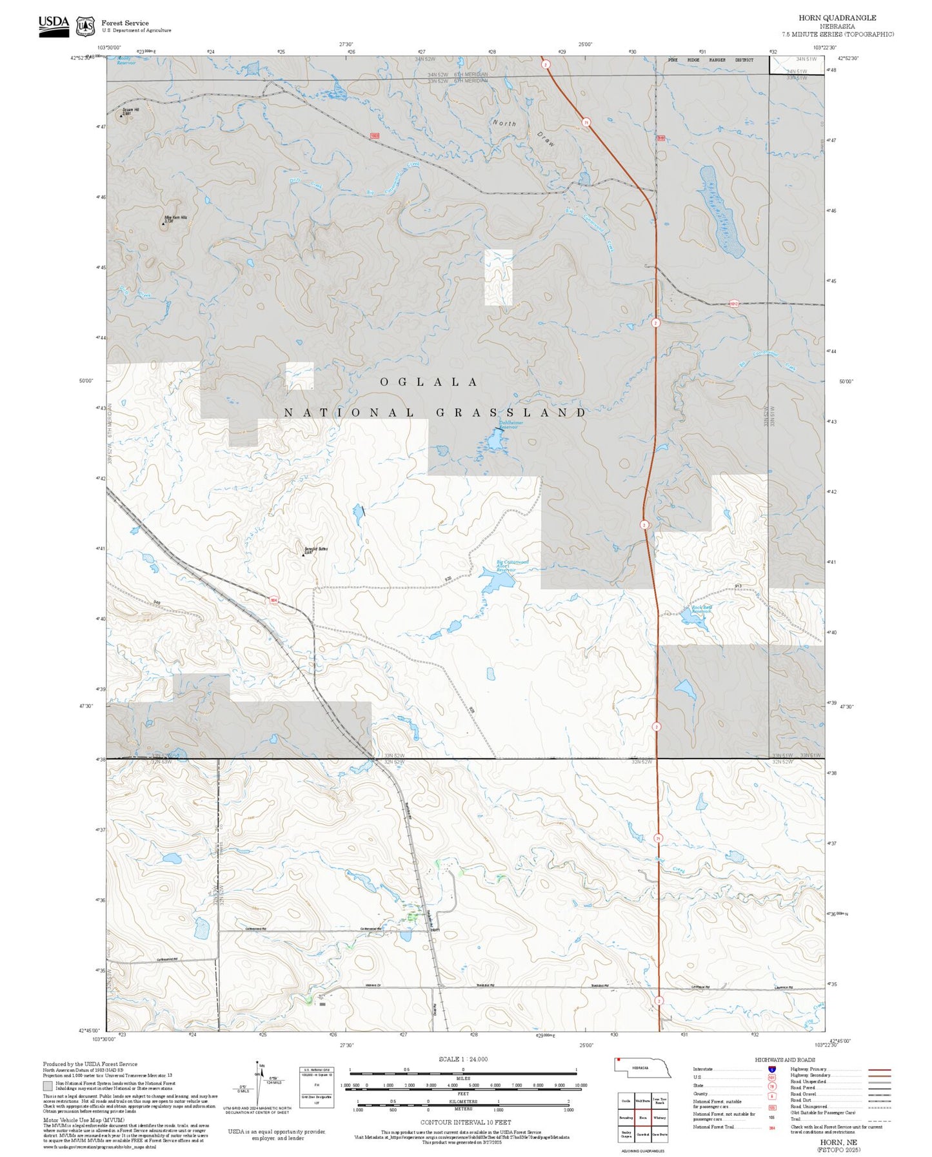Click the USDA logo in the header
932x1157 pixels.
[54, 26]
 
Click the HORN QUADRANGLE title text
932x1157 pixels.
[837, 18]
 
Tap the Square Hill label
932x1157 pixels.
[130, 110]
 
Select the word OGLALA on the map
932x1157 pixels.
[429, 382]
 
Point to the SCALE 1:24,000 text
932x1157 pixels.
[463, 1059]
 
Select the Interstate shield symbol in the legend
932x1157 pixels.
[771, 1069]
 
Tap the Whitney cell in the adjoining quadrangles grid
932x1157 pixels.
[659, 1118]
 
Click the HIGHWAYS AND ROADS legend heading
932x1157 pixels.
[785, 1060]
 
